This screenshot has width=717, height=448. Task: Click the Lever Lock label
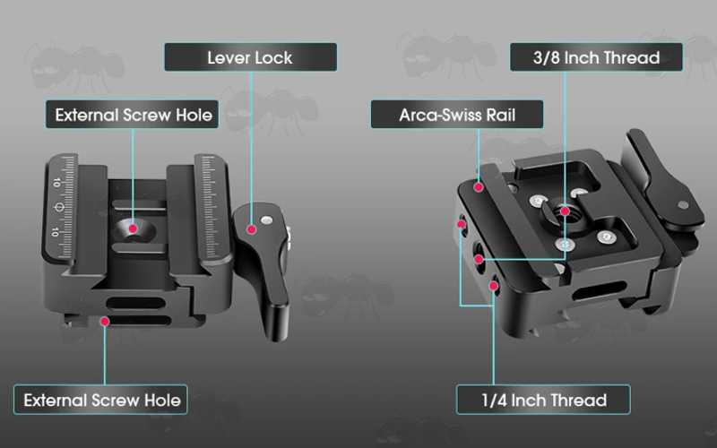[x=251, y=57]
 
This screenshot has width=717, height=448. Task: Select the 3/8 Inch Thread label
[x=596, y=57]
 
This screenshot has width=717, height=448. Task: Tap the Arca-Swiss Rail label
[x=457, y=115]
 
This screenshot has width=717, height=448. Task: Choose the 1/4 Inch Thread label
[x=543, y=400]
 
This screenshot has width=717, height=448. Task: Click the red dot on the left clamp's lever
[x=251, y=229]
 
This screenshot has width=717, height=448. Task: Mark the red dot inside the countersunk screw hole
[x=133, y=228]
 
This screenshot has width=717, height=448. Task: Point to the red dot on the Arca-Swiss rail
[x=479, y=187]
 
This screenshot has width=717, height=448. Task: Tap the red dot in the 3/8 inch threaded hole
[x=566, y=211]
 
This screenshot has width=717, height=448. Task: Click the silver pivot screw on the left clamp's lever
[x=266, y=220]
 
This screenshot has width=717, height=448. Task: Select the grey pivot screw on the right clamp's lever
[x=683, y=205]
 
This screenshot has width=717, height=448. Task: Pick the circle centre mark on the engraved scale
[x=59, y=208]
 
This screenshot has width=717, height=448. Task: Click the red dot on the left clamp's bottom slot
[x=105, y=322]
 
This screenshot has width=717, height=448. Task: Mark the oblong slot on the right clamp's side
[x=599, y=291]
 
